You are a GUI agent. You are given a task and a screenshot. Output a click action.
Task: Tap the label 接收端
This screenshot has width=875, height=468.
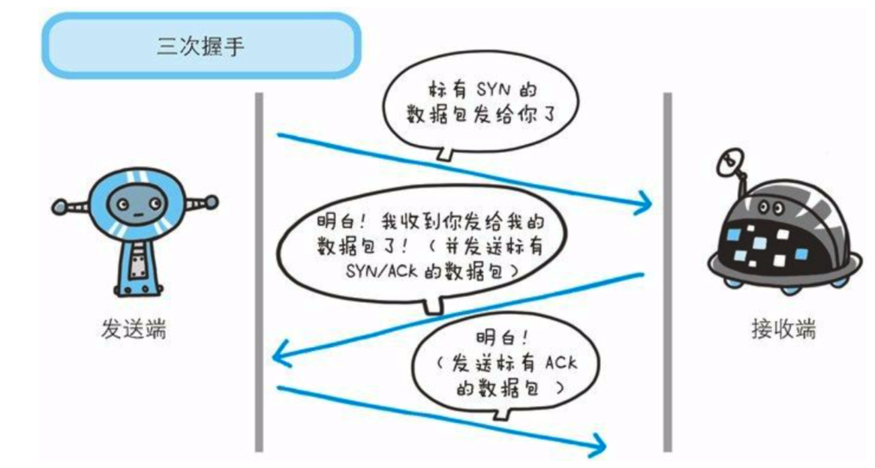[781, 329]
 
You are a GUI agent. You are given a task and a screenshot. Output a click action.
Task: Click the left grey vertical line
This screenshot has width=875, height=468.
[259, 270]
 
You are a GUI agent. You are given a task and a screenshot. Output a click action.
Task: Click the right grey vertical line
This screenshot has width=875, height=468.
[667, 270]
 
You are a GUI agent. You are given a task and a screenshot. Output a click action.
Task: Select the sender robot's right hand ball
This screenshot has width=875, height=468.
[213, 200]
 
